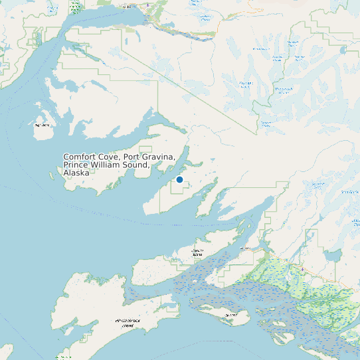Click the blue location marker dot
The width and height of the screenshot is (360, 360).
pos(179,179)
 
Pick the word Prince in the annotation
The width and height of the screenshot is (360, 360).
pos(76,165)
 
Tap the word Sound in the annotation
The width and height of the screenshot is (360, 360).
pos(141,165)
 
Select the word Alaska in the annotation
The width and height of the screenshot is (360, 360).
pos(76,173)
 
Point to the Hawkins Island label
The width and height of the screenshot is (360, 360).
pos(197,253)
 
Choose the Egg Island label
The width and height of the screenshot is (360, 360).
pos(232,315)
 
